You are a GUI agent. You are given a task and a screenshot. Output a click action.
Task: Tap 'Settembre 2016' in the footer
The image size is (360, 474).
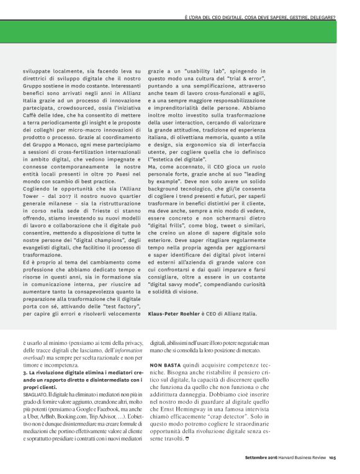(259, 458)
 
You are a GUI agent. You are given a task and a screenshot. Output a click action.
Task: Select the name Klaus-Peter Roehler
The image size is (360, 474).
(174, 313)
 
